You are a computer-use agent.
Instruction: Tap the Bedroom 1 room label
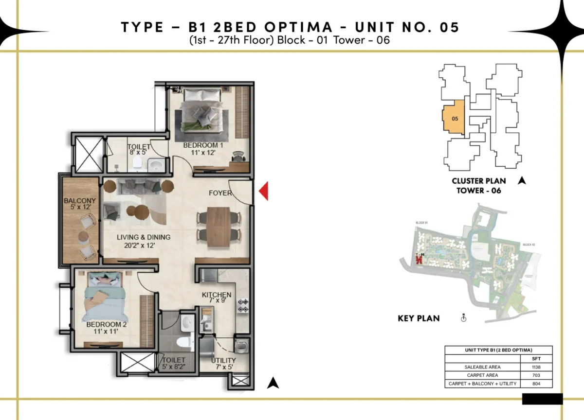[203, 149]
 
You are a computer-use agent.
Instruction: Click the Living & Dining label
[143, 241]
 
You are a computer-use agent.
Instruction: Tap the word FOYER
[220, 193]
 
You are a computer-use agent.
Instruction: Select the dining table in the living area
[219, 224]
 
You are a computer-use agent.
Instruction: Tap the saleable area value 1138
[537, 367]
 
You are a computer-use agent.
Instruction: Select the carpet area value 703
[537, 375]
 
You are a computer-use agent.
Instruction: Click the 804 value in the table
[537, 384]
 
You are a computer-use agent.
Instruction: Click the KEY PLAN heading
[419, 318]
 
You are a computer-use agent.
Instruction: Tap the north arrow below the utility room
[274, 384]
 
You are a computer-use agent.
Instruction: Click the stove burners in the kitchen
[242, 305]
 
